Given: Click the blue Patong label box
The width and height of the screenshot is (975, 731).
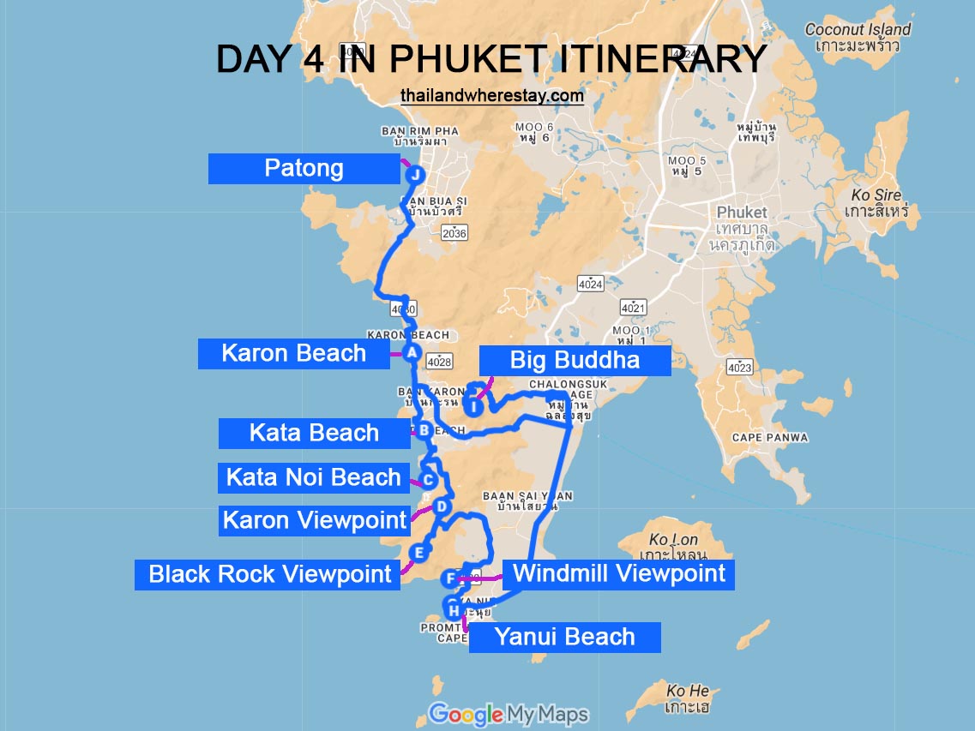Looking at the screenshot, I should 304,169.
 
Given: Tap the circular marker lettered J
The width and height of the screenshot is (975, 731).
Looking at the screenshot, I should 415,175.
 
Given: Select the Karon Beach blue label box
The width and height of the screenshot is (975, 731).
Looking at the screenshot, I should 294,354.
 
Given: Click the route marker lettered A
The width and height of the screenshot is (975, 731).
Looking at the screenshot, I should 412,353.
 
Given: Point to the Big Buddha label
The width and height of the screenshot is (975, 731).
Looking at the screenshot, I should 575,360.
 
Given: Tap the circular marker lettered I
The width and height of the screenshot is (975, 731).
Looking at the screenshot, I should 473,406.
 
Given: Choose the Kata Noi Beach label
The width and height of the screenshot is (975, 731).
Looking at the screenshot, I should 314,477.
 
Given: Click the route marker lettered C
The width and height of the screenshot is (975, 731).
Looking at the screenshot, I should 428,481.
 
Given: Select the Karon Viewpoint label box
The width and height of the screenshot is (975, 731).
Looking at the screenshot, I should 314,520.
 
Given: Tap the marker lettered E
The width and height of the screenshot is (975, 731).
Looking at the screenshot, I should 418,553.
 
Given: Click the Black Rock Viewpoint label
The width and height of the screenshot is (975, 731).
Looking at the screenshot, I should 269,574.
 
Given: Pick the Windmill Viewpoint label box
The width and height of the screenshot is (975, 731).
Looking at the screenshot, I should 618,573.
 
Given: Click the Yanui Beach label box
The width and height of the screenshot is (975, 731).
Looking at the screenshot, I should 564,637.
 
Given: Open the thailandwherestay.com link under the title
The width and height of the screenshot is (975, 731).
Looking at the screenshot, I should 491,96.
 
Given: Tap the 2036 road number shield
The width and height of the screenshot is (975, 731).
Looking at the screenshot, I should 454,233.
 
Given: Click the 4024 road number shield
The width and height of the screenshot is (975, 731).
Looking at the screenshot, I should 590,285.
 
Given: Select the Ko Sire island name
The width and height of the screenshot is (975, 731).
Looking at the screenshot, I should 876,202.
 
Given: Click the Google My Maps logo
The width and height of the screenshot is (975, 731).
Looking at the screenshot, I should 509,714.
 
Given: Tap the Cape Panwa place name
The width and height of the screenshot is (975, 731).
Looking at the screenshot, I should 769,438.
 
